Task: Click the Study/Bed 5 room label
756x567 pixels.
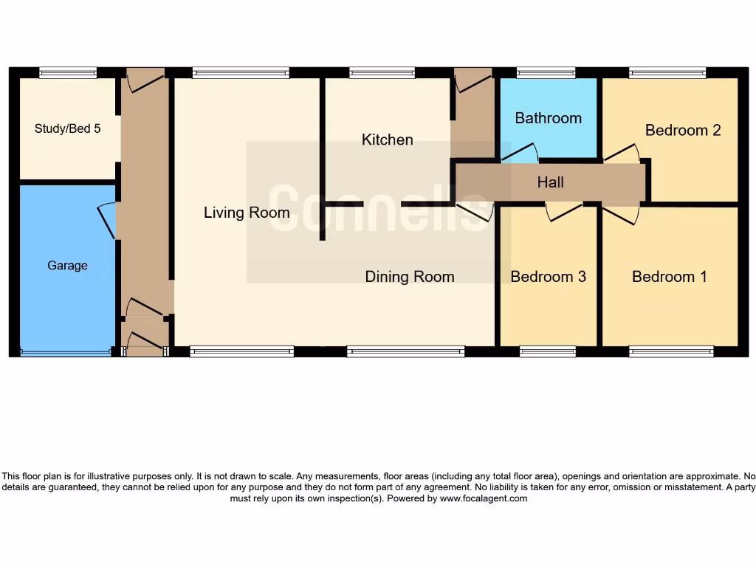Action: [67, 128]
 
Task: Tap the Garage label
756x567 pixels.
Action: [67, 265]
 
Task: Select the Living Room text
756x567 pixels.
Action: [247, 213]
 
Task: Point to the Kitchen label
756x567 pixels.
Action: [387, 140]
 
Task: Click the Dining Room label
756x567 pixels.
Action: [409, 277]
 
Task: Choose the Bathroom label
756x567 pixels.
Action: [548, 118]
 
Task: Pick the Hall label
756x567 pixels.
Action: [550, 182]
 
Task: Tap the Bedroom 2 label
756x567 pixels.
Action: [682, 130]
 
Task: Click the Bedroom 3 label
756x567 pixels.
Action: [548, 277]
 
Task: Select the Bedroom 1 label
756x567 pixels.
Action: [669, 277]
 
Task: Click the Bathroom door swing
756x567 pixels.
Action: [520, 154]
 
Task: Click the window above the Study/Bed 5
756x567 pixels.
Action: [68, 72]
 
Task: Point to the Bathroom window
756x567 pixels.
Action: [546, 72]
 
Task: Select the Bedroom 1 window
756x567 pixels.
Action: [671, 351]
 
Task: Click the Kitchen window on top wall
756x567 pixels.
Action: [382, 72]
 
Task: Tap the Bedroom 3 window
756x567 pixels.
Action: [547, 351]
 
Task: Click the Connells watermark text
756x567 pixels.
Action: [378, 210]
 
